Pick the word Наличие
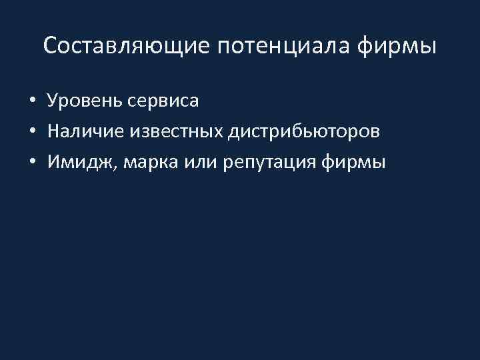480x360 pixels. pos(81,131)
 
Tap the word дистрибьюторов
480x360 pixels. pos(305,131)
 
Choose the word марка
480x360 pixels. pos(139,161)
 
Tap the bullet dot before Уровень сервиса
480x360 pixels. pos(32,102)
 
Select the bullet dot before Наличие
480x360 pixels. pos(32,132)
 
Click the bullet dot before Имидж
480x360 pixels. pos(32,162)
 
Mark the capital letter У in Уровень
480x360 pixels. pos(53,101)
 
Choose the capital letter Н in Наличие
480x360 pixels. pos(54,131)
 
